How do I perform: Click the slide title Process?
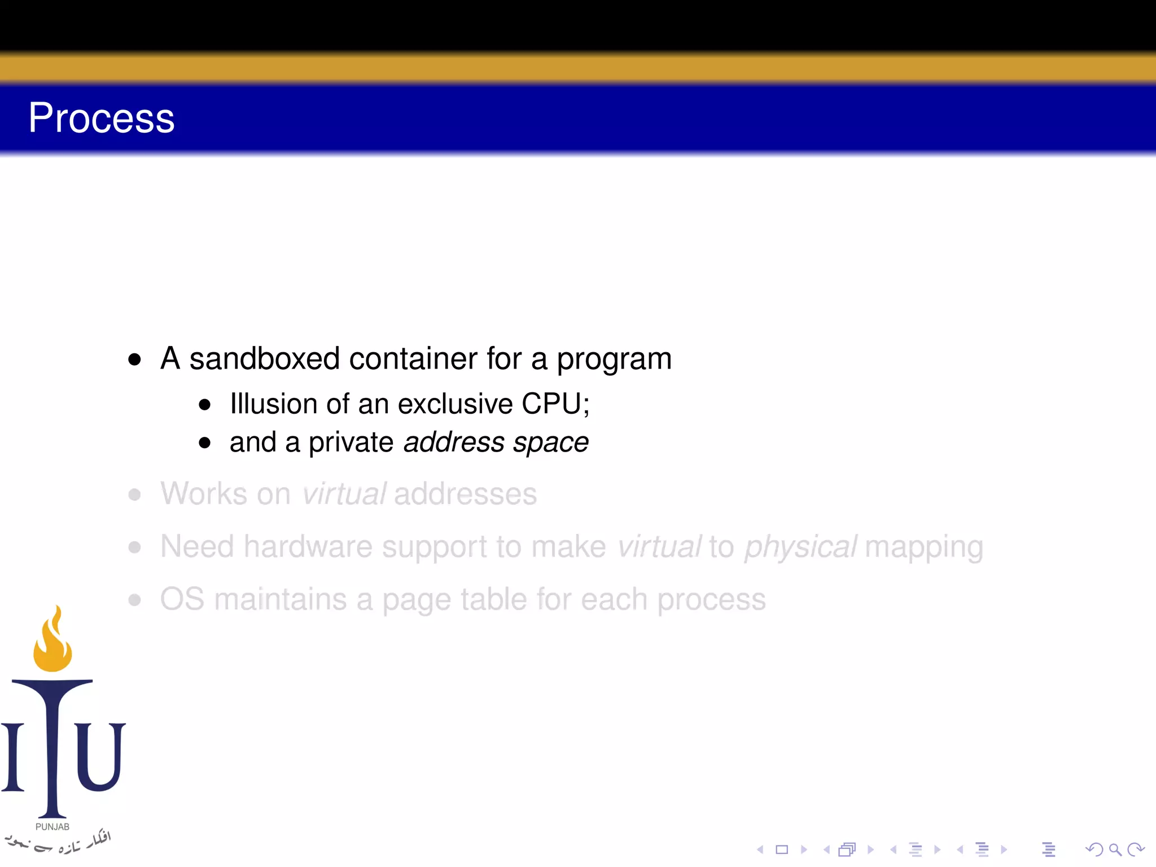[x=102, y=119]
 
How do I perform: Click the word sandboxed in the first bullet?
[x=264, y=359]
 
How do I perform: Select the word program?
[x=614, y=360]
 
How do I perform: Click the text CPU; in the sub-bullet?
[x=555, y=404]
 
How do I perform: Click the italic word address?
[x=454, y=443]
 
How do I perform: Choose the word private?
[x=351, y=443]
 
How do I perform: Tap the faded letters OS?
[x=182, y=599]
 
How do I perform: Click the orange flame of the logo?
[x=52, y=643]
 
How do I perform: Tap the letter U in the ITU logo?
[x=100, y=756]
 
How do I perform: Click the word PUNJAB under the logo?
[x=52, y=827]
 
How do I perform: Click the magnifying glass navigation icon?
[x=1115, y=850]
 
